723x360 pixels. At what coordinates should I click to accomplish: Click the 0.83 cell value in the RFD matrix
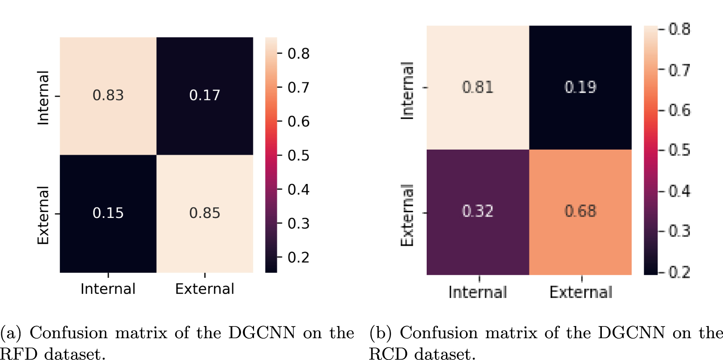coord(108,95)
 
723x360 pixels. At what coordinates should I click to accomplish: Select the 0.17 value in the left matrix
coord(205,95)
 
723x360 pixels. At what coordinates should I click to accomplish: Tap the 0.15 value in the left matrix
coord(108,213)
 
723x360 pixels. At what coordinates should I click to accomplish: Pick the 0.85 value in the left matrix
coord(205,213)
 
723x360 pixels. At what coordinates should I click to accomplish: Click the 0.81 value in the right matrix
coord(477,87)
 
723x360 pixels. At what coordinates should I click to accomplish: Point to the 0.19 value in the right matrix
coord(580,87)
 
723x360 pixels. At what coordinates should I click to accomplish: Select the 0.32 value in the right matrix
coord(477,211)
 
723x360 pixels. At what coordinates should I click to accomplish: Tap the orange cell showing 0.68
coord(580,211)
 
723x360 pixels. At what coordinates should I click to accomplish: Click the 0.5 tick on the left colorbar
coord(298,155)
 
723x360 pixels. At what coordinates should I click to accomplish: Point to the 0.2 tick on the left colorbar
coord(298,257)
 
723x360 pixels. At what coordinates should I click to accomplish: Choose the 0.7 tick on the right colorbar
coord(679,70)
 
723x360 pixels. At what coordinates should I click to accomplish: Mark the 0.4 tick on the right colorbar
coord(679,191)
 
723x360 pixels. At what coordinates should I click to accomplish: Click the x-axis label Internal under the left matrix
coord(108,289)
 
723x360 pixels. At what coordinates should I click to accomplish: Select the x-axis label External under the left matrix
coord(205,289)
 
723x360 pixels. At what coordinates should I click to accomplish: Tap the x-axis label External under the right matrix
coord(581,292)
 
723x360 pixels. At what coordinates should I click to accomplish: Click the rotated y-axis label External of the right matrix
coord(407,215)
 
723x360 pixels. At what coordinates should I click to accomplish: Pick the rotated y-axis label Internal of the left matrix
coord(43,98)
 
